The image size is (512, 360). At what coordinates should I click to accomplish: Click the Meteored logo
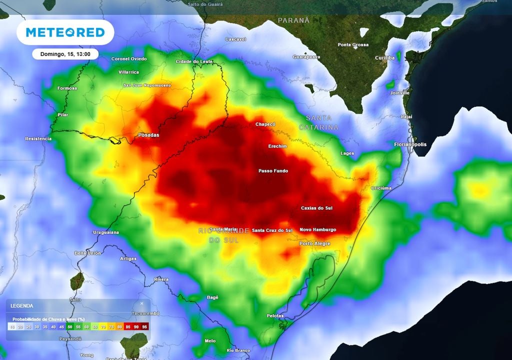tap(65, 32)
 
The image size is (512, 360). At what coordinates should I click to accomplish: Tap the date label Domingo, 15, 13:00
tap(65, 54)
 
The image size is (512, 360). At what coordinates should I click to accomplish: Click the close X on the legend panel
tap(141, 303)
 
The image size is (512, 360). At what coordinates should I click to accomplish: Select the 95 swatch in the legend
tap(145, 326)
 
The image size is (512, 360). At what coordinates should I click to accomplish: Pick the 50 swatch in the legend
tap(70, 326)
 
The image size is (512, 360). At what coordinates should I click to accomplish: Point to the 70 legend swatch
tap(103, 326)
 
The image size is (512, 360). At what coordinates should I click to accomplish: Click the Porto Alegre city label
tap(314, 243)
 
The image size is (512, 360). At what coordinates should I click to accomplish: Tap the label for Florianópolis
tap(410, 144)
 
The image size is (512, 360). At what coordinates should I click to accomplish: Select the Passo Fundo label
tap(273, 171)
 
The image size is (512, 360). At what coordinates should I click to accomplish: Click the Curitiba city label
tap(384, 58)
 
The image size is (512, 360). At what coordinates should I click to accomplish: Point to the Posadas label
tap(148, 135)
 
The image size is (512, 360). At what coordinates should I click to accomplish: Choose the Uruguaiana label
tap(106, 232)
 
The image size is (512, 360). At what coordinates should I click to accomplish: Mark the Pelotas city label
tap(275, 315)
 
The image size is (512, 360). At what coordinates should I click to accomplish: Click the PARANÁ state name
tap(294, 20)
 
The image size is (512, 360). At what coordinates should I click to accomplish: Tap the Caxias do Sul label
tap(316, 208)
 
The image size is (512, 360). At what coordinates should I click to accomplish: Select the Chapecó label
tap(265, 124)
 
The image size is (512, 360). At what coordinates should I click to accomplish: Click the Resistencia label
tap(38, 138)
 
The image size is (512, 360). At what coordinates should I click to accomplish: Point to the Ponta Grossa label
tap(353, 44)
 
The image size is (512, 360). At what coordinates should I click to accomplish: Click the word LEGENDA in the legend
tap(22, 305)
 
